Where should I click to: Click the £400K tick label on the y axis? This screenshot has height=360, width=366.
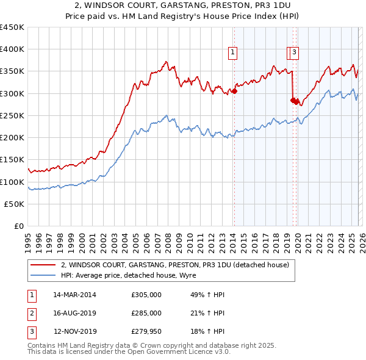click(x=12, y=49)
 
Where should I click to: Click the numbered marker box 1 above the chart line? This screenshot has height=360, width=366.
click(x=233, y=53)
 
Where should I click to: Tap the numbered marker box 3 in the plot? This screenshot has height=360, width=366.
click(x=294, y=53)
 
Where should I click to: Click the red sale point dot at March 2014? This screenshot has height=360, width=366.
click(x=234, y=92)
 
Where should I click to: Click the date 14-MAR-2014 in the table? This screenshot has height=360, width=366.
click(x=75, y=295)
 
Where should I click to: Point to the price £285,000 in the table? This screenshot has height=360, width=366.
click(x=146, y=313)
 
